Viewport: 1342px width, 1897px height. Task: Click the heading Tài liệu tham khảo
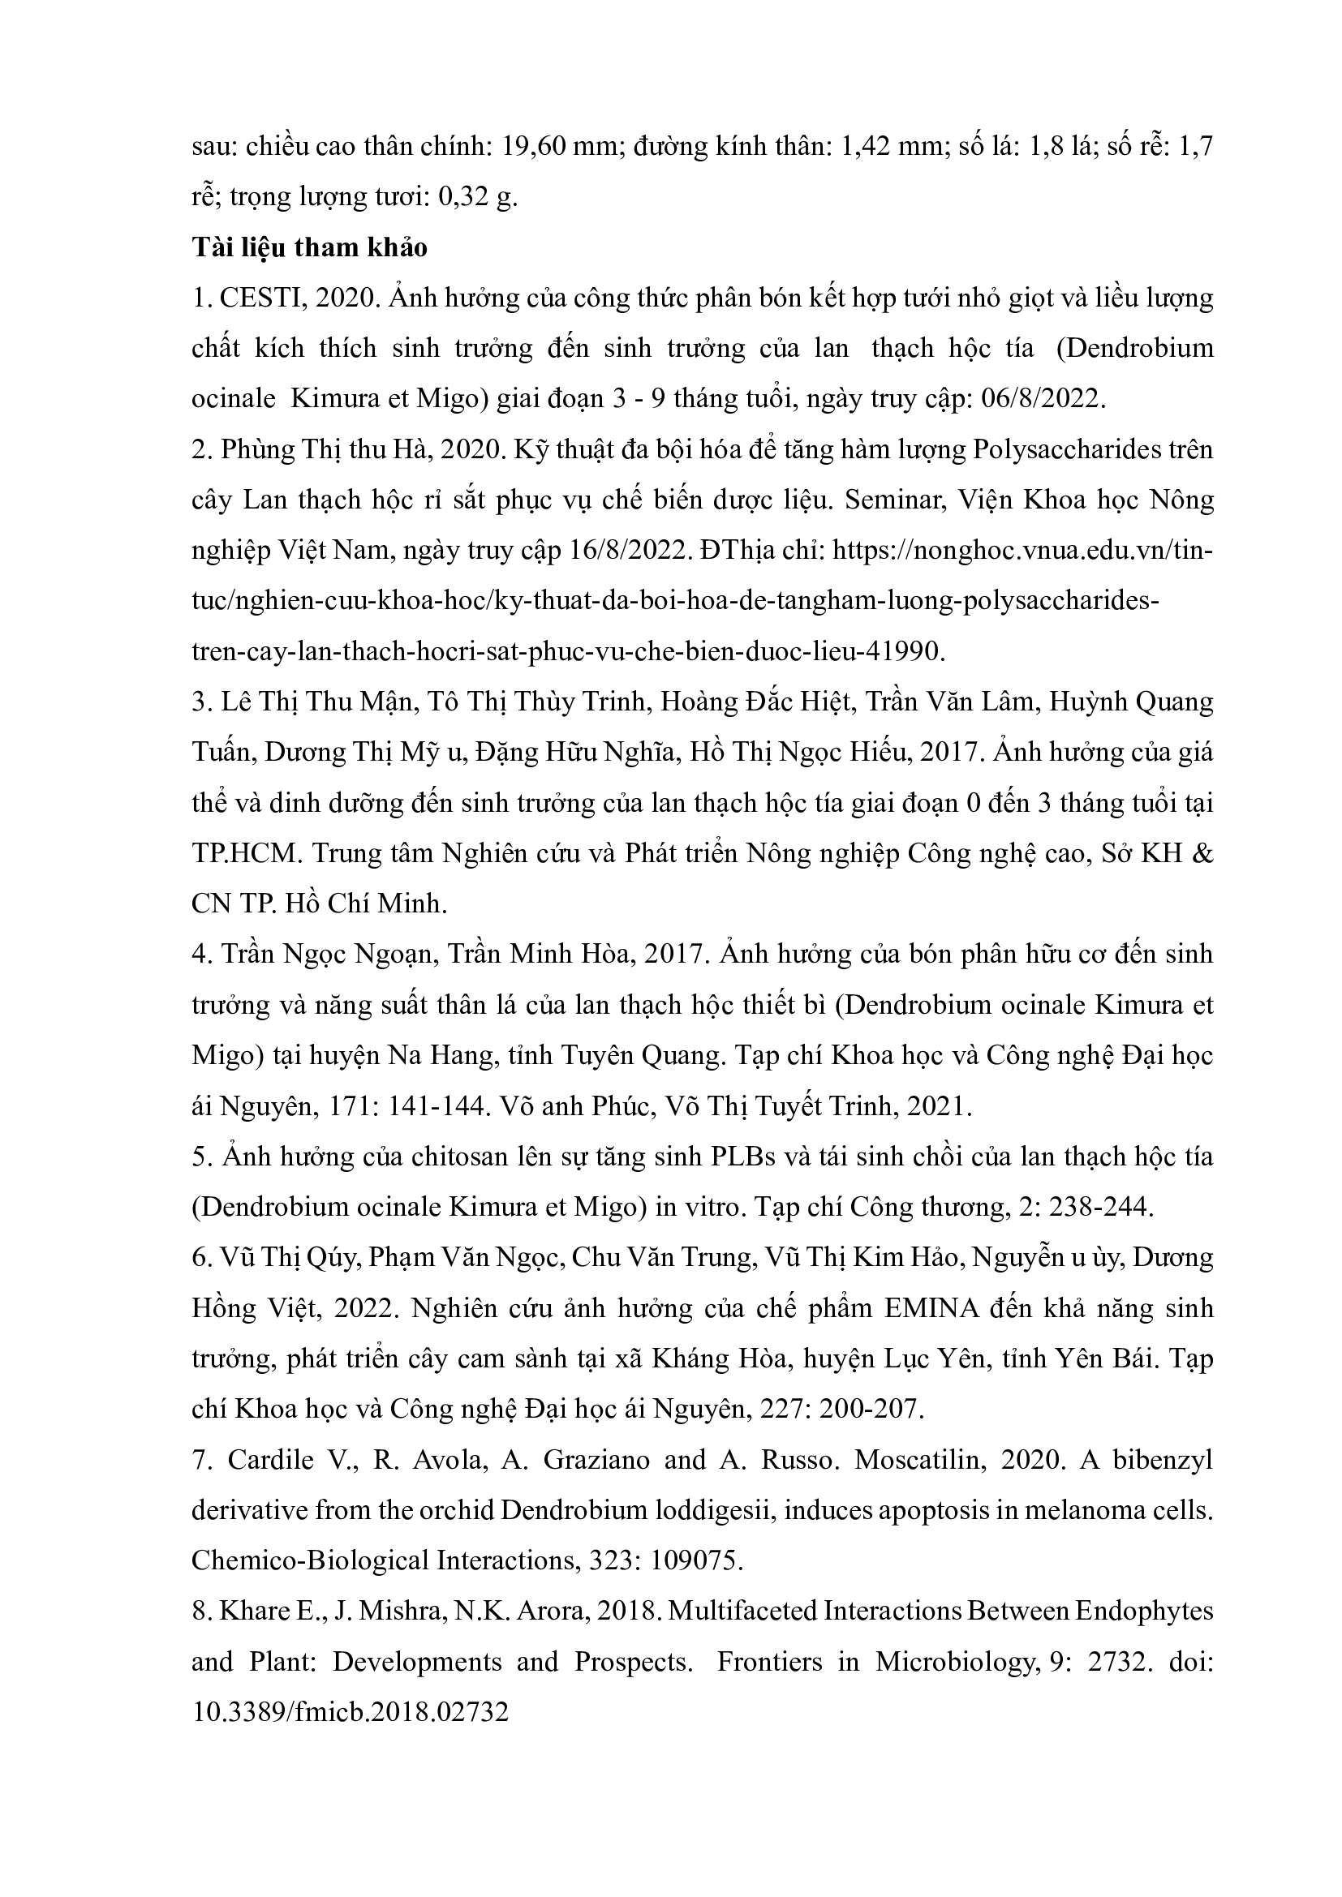point(309,247)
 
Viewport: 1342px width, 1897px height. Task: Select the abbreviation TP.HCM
point(243,853)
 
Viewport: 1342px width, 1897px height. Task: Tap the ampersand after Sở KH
point(1203,853)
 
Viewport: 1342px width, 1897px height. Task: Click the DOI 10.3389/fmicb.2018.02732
point(350,1713)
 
